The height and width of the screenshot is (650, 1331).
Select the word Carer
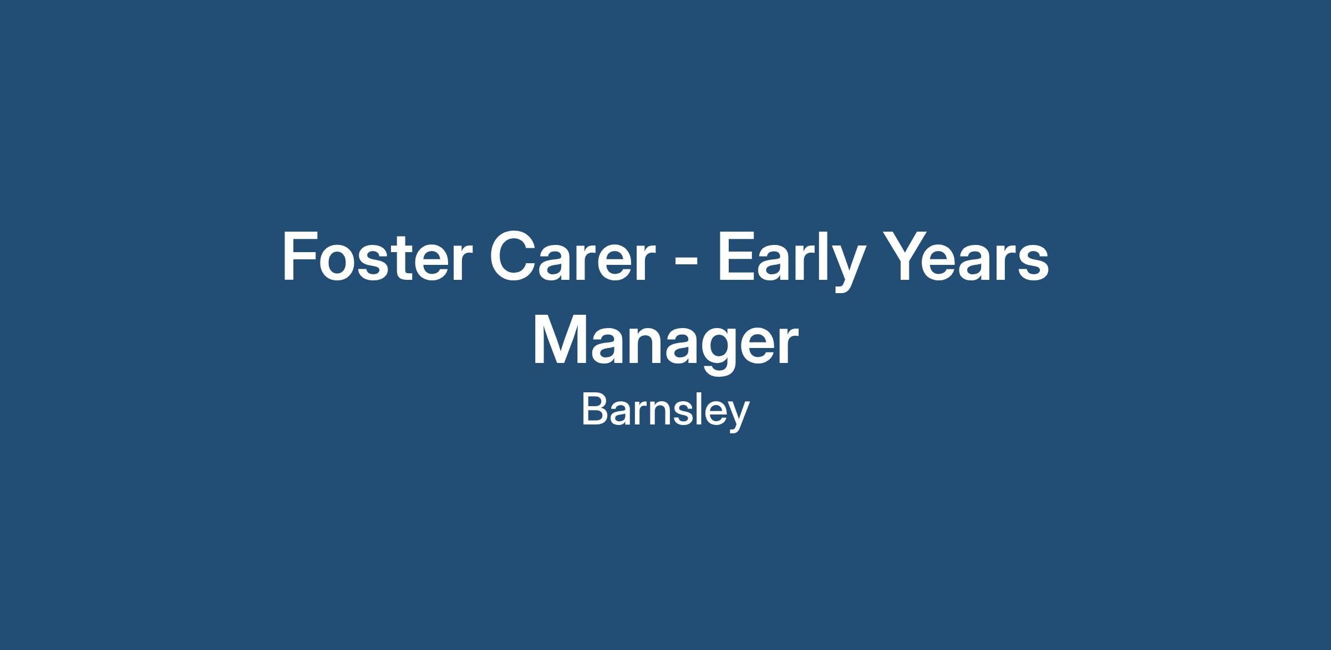pyautogui.click(x=572, y=257)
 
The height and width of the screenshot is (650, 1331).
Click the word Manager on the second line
pyautogui.click(x=665, y=344)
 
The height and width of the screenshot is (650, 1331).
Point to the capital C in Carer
pyautogui.click(x=512, y=257)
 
